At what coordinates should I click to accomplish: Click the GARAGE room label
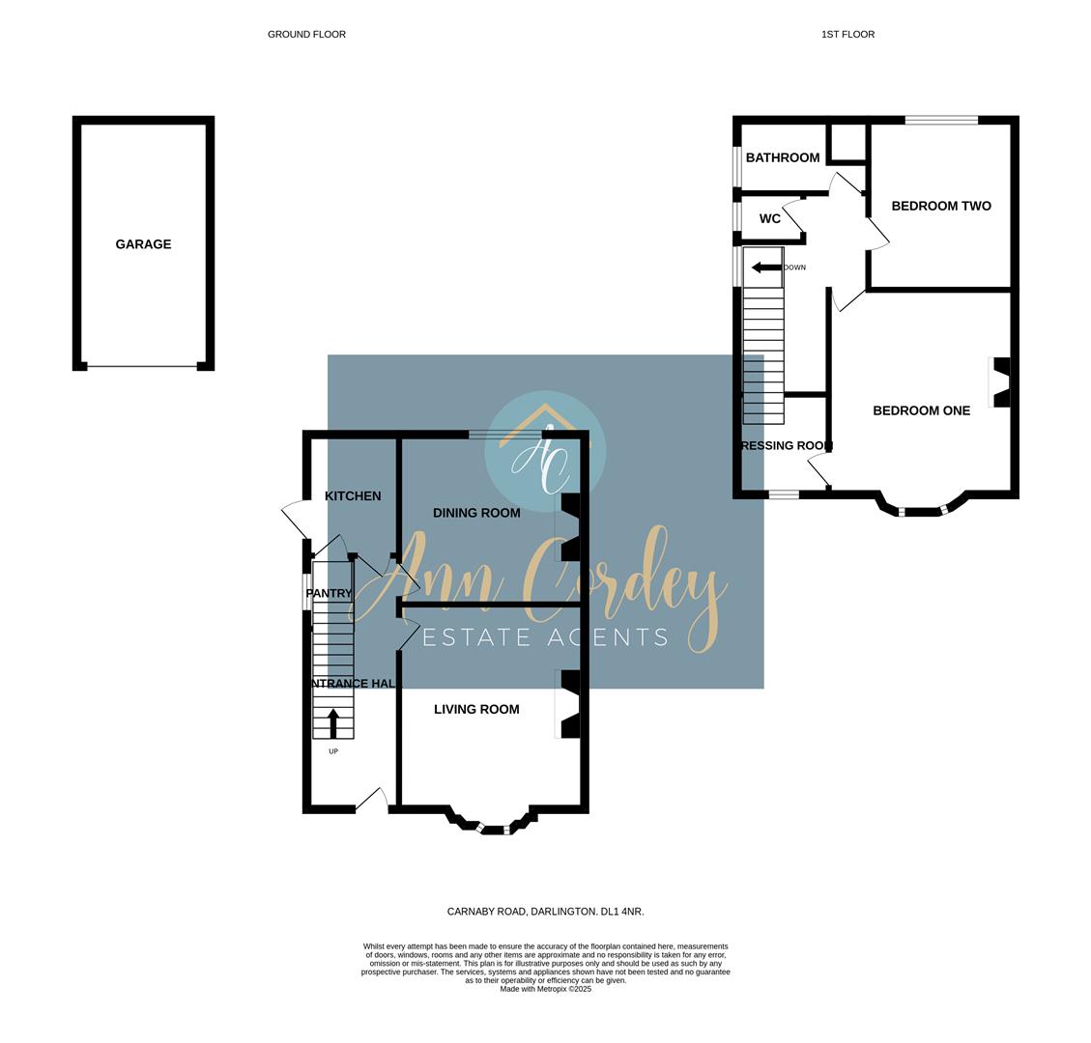click(x=143, y=244)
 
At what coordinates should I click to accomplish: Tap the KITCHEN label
click(x=353, y=495)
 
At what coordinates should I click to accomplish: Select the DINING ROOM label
click(x=476, y=513)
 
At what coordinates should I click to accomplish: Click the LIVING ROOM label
click(x=476, y=709)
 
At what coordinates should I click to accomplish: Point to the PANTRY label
click(x=329, y=593)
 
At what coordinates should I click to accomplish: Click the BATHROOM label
click(x=783, y=157)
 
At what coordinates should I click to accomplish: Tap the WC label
click(x=770, y=219)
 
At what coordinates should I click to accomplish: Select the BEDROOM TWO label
click(x=941, y=206)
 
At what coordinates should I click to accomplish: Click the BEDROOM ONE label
click(x=921, y=410)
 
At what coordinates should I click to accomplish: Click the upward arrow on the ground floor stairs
click(x=333, y=722)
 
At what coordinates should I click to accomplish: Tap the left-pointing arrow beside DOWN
click(x=766, y=268)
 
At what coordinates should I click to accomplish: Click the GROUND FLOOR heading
click(x=306, y=34)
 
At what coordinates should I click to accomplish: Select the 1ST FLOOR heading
click(x=847, y=34)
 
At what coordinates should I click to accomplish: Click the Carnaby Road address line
click(x=545, y=911)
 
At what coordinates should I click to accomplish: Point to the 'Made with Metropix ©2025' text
click(x=545, y=989)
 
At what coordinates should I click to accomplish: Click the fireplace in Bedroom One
click(x=1000, y=382)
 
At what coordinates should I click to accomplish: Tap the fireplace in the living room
click(x=569, y=704)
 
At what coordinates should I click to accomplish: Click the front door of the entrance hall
click(x=372, y=801)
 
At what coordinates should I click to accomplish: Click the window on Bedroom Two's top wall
click(x=941, y=120)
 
